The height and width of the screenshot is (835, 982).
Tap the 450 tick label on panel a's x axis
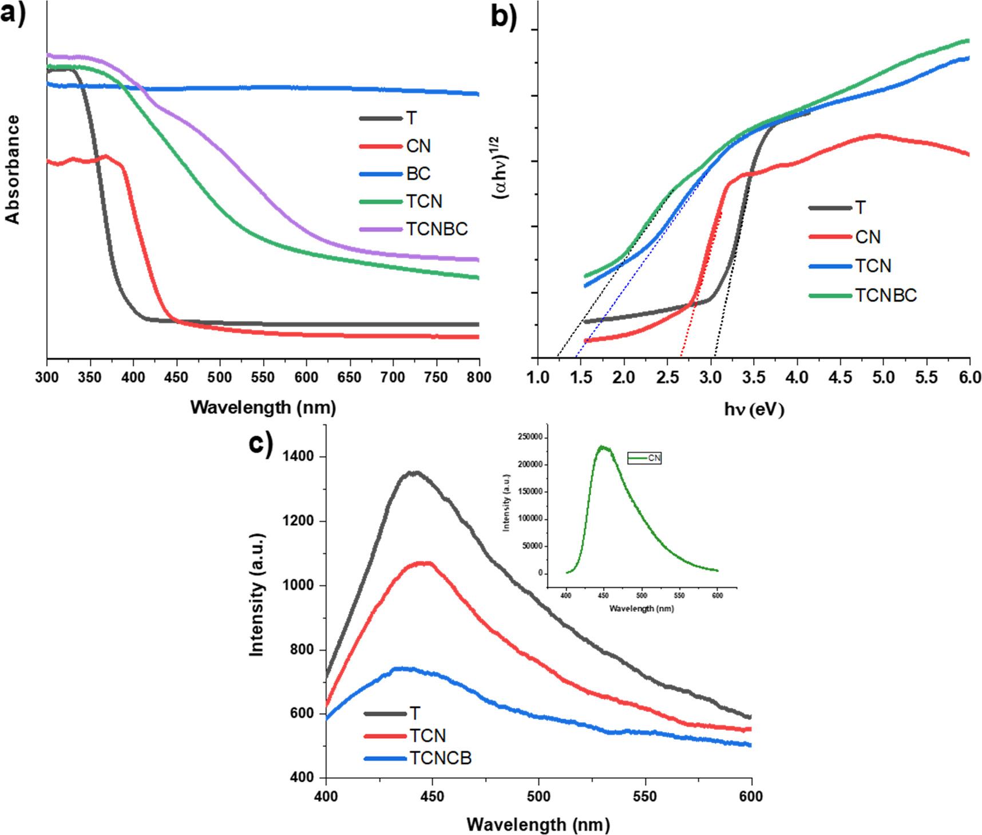(x=176, y=377)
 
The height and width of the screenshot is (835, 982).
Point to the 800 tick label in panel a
(x=478, y=377)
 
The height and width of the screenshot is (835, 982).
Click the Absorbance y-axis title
(x=13, y=169)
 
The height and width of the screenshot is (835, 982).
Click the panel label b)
(x=504, y=15)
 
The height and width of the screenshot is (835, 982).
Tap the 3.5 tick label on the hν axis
(x=754, y=377)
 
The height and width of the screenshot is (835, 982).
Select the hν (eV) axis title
(x=754, y=409)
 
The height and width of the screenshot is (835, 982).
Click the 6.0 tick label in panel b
(x=969, y=377)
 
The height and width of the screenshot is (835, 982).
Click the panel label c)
(x=260, y=443)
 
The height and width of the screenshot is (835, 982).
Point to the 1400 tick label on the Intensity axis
(x=298, y=456)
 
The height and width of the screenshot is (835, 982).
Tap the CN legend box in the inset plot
(x=644, y=458)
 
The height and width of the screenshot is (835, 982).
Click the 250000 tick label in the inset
(x=529, y=437)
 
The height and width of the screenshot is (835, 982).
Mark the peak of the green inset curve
(x=601, y=447)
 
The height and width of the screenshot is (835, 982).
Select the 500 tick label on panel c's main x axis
(x=538, y=796)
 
